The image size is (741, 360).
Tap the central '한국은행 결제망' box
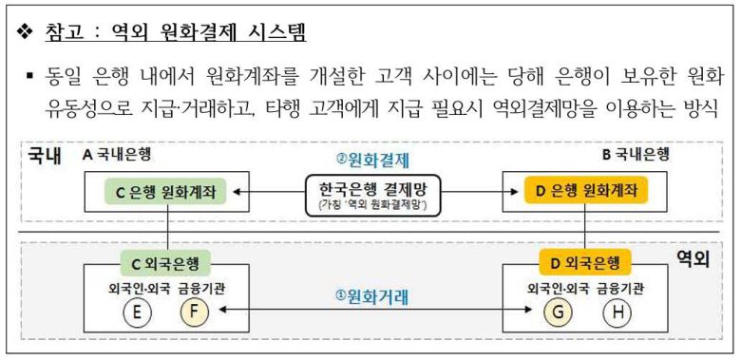371,193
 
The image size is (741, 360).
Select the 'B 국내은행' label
638,153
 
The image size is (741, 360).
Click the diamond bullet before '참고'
25,32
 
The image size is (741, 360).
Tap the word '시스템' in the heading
281,32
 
